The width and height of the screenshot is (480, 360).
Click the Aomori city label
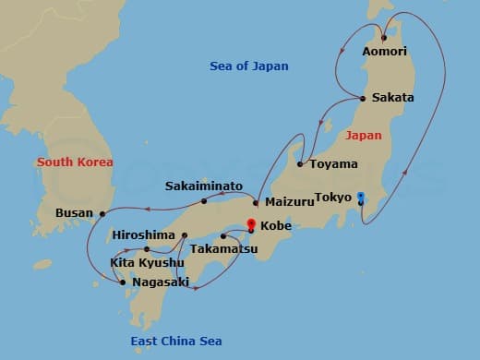386,53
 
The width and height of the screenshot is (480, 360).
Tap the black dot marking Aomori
384,38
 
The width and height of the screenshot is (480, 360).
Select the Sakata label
392,98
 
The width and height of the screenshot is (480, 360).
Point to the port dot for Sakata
363,98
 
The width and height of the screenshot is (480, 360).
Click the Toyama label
333,164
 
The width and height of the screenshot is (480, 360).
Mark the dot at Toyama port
301,164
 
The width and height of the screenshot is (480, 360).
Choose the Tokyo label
332,197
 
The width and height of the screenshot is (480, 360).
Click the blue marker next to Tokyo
361,197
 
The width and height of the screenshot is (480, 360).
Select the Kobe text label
276,225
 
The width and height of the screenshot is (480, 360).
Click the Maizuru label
289,201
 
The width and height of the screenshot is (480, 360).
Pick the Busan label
74,213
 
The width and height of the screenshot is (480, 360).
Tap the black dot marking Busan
102,213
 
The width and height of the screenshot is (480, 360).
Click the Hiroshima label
143,235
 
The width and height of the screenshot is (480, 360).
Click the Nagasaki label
161,282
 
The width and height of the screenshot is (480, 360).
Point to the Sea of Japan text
249,66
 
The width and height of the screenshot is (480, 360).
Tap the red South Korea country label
75,162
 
